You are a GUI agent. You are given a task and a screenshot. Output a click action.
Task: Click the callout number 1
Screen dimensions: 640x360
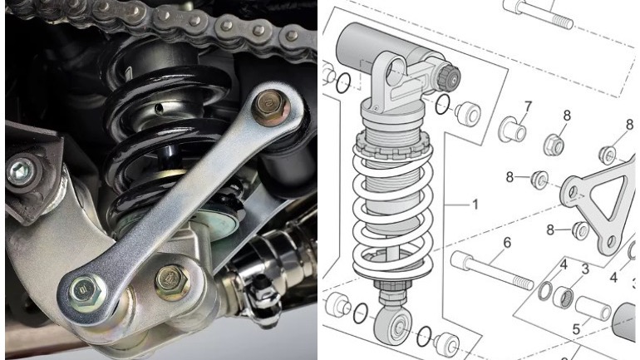(x=475, y=204)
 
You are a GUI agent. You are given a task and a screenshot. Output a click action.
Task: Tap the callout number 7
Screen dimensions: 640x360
(x=528, y=107)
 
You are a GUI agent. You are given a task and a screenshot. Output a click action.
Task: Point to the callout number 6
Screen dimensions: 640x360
(x=507, y=243)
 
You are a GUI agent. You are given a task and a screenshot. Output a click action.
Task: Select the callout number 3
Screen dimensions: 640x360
(x=585, y=269)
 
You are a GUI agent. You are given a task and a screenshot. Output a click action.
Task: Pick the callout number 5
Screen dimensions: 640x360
(x=576, y=329)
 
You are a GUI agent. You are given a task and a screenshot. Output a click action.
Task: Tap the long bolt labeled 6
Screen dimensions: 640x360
(x=492, y=270)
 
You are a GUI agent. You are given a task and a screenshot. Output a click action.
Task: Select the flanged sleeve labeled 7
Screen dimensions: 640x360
(x=512, y=130)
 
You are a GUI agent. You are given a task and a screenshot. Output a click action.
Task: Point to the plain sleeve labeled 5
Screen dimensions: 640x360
(x=593, y=309)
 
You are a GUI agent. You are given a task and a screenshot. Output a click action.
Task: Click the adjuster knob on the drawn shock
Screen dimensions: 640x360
(x=449, y=76)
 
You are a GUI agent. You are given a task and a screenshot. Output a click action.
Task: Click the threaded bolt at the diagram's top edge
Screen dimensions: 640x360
(x=538, y=13)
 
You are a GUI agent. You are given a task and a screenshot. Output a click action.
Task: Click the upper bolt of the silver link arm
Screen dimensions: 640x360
(x=269, y=107)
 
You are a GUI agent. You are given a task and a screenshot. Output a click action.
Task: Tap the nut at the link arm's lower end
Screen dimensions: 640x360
(x=86, y=290)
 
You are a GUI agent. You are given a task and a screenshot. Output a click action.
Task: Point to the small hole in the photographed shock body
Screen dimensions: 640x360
(x=159, y=108)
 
